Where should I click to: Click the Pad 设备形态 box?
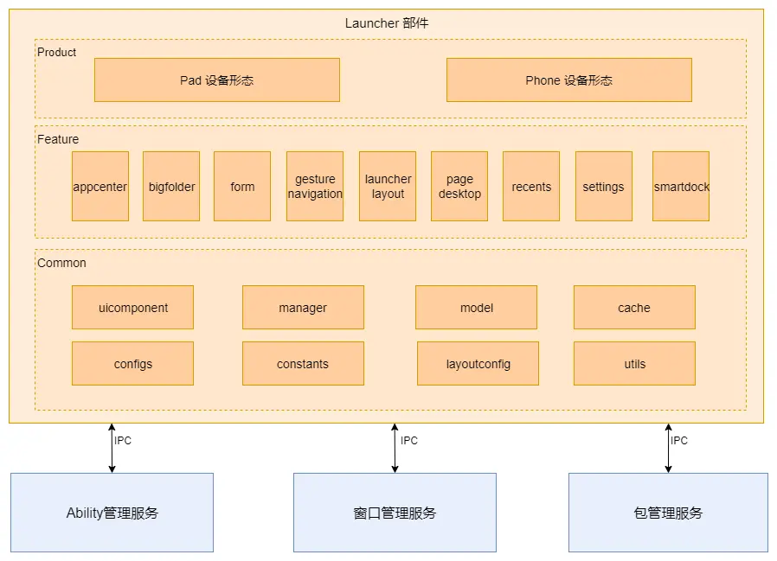click(x=216, y=80)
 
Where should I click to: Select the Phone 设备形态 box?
click(x=568, y=80)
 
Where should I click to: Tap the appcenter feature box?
click(x=100, y=187)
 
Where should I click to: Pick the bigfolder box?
click(x=171, y=187)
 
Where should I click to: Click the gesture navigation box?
click(x=315, y=187)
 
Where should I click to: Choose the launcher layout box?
click(x=388, y=187)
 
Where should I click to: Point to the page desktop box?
click(x=459, y=187)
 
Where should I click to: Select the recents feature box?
click(x=531, y=187)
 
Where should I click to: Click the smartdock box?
click(x=681, y=187)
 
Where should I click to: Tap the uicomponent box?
click(x=132, y=308)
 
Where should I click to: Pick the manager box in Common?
click(x=303, y=308)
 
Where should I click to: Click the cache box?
click(x=634, y=308)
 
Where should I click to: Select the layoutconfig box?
click(x=478, y=364)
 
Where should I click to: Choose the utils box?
click(x=634, y=364)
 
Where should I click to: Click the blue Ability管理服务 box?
click(x=112, y=513)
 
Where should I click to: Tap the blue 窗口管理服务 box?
click(x=395, y=513)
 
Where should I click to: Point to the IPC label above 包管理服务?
click(x=679, y=441)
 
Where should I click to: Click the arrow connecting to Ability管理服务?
click(x=112, y=448)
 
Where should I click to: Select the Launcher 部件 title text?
click(x=387, y=23)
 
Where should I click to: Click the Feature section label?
click(x=58, y=139)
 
